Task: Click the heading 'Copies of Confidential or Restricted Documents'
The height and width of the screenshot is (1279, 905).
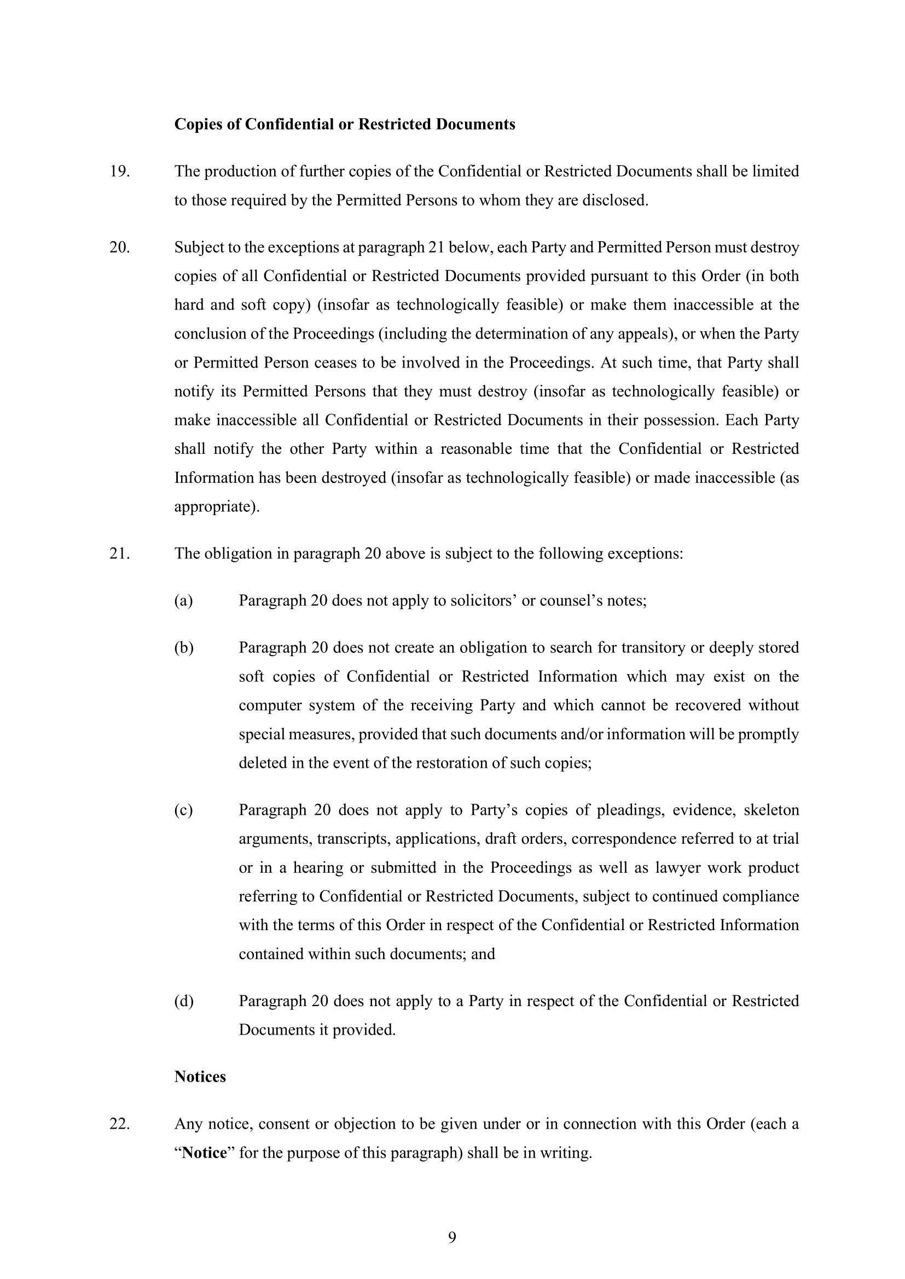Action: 344,124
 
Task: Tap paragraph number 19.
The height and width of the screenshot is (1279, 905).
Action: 119,171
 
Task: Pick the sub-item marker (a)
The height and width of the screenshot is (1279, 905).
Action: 183,600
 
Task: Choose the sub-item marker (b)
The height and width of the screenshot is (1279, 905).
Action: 183,647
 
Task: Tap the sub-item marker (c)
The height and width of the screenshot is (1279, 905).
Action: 183,810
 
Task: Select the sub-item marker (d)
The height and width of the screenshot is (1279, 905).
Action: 183,1001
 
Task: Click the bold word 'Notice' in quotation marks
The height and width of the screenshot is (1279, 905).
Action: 205,1153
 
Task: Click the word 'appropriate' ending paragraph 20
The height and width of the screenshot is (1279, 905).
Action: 214,507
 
